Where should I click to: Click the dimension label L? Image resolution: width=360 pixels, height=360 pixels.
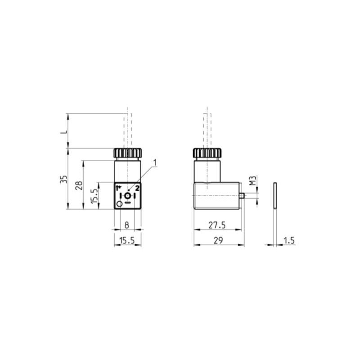(x=64, y=132)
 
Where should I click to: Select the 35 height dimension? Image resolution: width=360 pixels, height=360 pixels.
(x=64, y=180)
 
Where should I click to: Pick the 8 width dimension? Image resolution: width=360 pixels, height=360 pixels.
(x=127, y=224)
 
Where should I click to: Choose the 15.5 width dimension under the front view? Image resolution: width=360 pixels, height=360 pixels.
(x=127, y=241)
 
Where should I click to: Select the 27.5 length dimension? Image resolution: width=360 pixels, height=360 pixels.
(x=217, y=224)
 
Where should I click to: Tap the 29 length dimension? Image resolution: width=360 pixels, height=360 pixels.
(x=218, y=241)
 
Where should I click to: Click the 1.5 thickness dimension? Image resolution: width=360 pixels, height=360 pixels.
(x=289, y=241)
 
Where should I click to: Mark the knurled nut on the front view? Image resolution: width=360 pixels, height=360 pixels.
(x=127, y=153)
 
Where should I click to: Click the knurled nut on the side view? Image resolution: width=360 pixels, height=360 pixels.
(x=207, y=153)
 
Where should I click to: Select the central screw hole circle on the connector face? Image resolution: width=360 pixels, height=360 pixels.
(x=128, y=196)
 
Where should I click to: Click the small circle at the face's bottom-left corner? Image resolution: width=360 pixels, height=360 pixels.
(x=119, y=205)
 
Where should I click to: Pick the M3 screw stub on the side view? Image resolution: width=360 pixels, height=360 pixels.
(x=243, y=196)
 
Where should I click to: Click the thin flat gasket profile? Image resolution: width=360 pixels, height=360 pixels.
(x=274, y=196)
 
